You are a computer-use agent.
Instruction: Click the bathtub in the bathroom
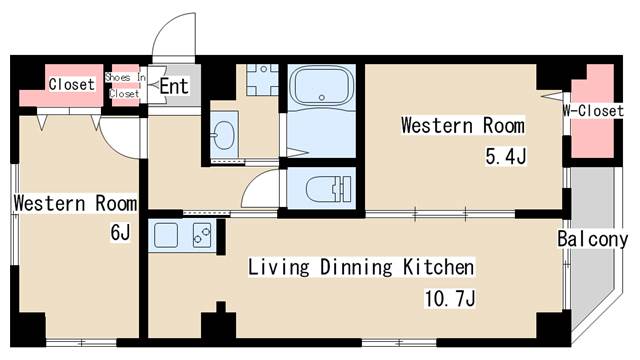[x=322, y=87]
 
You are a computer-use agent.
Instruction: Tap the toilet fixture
[x=329, y=189]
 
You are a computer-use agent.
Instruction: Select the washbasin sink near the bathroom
[x=223, y=135]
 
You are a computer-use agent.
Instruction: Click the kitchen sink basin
[x=166, y=236]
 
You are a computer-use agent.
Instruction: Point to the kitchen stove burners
[x=202, y=236]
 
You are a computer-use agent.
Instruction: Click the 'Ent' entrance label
[x=174, y=86]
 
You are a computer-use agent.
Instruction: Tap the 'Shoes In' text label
[x=125, y=77]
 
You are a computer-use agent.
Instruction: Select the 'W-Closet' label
[x=593, y=110]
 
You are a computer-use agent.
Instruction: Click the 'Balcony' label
[x=593, y=239]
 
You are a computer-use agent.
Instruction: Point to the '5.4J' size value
[x=506, y=156]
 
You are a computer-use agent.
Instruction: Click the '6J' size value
[x=120, y=233]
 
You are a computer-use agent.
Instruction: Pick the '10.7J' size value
[x=450, y=298]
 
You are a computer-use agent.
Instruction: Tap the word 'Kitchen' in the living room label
[x=439, y=267]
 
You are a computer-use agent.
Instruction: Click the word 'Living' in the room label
[x=279, y=267]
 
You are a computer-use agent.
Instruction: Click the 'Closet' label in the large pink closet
[x=71, y=84]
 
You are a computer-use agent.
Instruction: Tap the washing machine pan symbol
[x=262, y=80]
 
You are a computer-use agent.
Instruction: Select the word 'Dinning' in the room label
[x=356, y=267]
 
